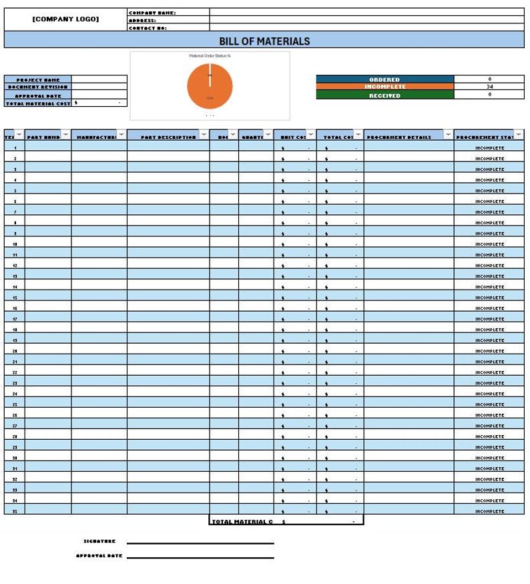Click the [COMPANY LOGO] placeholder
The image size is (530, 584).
(x=65, y=19)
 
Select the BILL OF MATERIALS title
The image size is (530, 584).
(x=264, y=41)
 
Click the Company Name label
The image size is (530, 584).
(x=152, y=13)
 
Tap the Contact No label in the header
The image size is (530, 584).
(x=148, y=28)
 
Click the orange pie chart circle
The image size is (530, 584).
(x=210, y=86)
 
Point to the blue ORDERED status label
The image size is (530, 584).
(x=384, y=79)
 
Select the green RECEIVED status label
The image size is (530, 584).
(x=384, y=95)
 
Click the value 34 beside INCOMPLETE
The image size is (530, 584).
(x=489, y=87)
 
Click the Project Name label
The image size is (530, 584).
(x=38, y=80)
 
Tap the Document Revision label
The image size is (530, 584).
(x=38, y=87)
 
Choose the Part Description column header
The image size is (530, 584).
(x=168, y=137)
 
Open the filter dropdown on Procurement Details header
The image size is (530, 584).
(x=448, y=135)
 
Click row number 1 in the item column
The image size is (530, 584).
(x=15, y=148)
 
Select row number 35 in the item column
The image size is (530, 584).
(x=15, y=511)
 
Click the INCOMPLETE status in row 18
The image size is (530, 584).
(x=489, y=330)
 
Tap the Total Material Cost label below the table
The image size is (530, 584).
(x=242, y=522)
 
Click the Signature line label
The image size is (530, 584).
(x=99, y=541)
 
